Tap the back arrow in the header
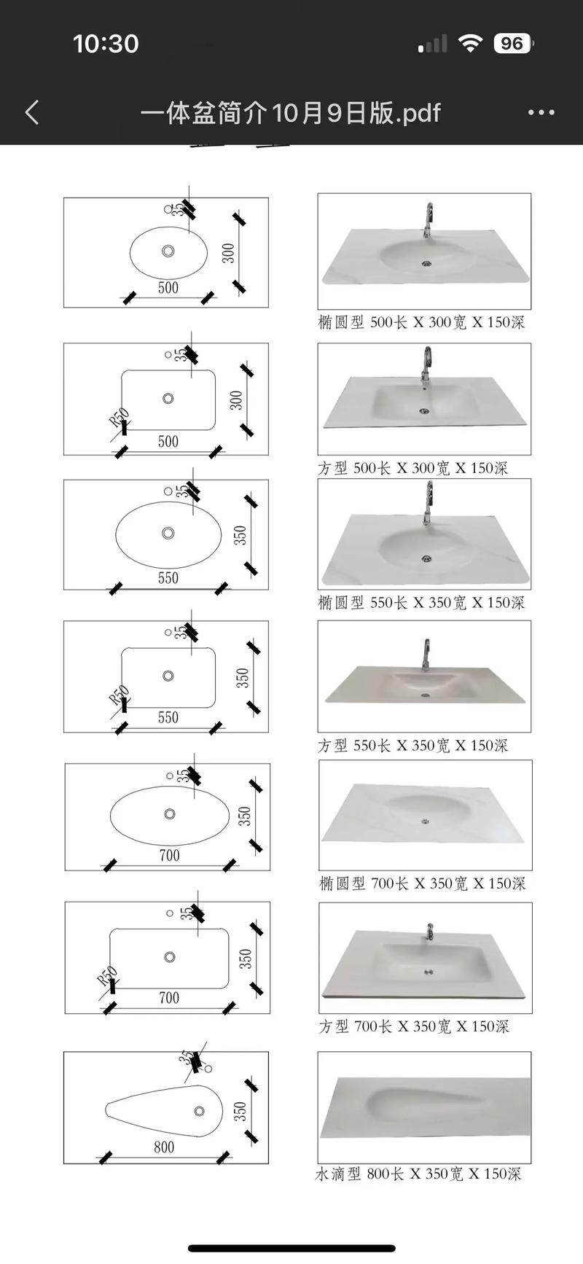(x=32, y=112)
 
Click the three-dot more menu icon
(x=541, y=112)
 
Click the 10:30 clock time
(x=106, y=44)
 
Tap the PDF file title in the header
(x=291, y=112)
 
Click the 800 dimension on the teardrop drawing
(x=164, y=1147)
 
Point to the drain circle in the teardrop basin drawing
(x=199, y=1112)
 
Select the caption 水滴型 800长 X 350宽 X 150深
(x=418, y=1174)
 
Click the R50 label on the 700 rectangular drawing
(x=107, y=976)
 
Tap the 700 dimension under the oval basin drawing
(x=169, y=855)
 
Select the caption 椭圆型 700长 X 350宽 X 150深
(x=422, y=883)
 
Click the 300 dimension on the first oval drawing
(x=229, y=253)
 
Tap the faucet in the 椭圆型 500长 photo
(x=428, y=221)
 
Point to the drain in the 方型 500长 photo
(x=424, y=411)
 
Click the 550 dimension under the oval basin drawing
(x=168, y=578)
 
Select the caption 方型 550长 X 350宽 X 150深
(x=412, y=745)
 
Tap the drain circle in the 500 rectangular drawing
(x=168, y=399)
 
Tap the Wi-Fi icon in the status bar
(x=471, y=44)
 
